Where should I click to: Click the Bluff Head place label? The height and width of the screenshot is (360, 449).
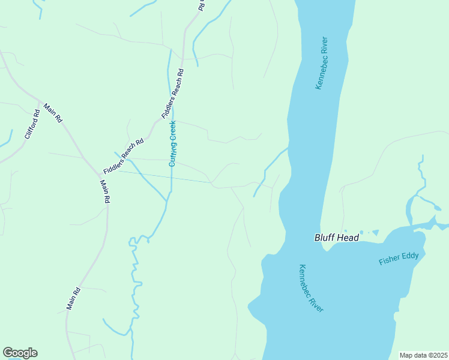[x=337, y=238]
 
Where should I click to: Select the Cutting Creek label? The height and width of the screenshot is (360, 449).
[x=173, y=143]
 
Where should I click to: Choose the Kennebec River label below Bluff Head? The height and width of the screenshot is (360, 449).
[x=311, y=288]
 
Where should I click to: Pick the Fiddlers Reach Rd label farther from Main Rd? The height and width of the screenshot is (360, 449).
[x=173, y=92]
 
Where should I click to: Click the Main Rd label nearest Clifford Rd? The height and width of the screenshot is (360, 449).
[x=53, y=112]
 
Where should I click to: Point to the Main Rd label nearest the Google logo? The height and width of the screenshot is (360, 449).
[x=73, y=299]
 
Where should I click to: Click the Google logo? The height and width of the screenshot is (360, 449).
[x=20, y=353]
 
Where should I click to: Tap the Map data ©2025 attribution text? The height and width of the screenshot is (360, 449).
[x=423, y=355]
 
